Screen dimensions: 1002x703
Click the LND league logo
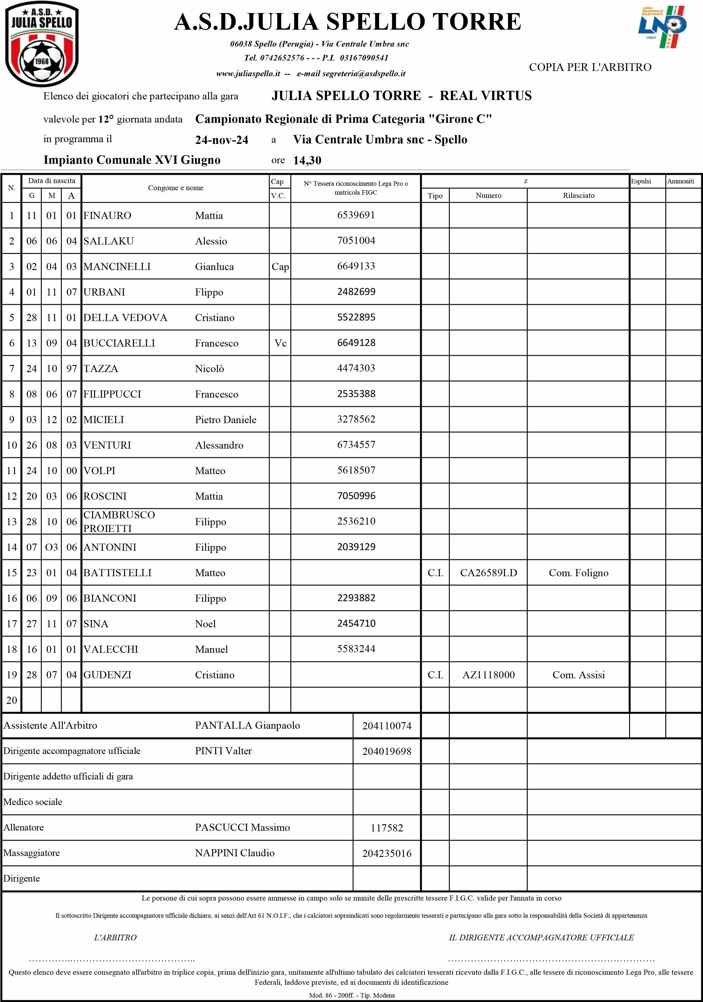[662, 27]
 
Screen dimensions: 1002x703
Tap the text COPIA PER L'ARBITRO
[590, 67]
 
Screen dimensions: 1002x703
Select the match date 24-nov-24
[222, 140]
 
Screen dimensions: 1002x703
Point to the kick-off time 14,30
[307, 161]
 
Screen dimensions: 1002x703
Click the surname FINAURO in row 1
[107, 216]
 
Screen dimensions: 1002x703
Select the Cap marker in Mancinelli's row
[280, 267]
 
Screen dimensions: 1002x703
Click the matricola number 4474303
[356, 368]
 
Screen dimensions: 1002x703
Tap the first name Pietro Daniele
[226, 420]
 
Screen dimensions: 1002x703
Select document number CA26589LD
[488, 573]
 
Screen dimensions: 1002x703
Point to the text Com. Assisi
[579, 675]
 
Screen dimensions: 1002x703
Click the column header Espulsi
[641, 181]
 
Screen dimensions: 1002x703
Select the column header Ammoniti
[680, 181]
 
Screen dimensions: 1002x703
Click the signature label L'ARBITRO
[115, 937]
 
